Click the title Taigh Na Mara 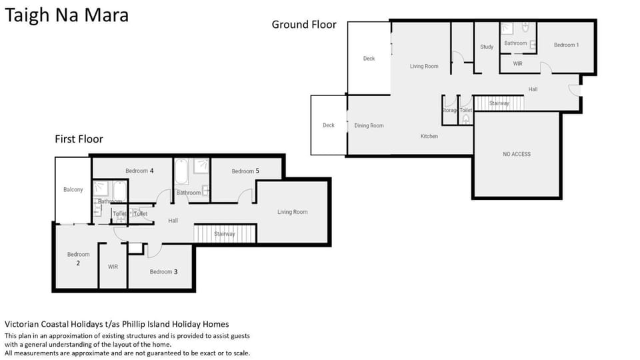tap(67, 15)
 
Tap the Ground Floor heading tap(304, 25)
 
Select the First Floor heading tap(79, 139)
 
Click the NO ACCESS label tap(517, 154)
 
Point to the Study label tap(487, 47)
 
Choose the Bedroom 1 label tap(566, 45)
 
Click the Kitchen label tap(429, 136)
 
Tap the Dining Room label tap(369, 126)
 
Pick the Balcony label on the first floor tap(73, 189)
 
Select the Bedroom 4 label tap(139, 171)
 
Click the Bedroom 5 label tap(245, 171)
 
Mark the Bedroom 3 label tap(164, 272)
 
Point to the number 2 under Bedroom tap(78, 263)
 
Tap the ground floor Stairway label tap(499, 103)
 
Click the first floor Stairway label tap(225, 234)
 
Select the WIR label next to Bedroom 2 tap(113, 267)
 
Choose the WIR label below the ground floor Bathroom tap(517, 64)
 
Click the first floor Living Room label tap(292, 212)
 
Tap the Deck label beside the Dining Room tap(329, 125)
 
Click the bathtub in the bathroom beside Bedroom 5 tap(181, 173)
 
